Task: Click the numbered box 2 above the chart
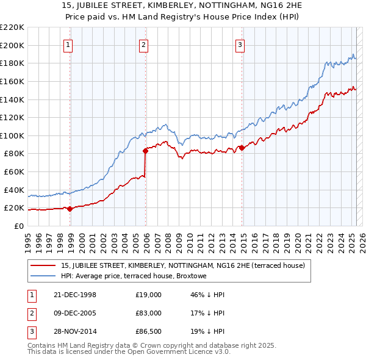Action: pyautogui.click(x=143, y=45)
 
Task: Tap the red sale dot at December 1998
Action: pyautogui.click(x=70, y=209)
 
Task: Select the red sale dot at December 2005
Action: pyautogui.click(x=146, y=151)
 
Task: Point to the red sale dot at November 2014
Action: pyautogui.click(x=242, y=148)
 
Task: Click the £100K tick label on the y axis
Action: pyautogui.click(x=12, y=135)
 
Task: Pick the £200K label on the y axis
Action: pyautogui.click(x=12, y=45)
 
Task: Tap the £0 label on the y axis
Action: pyautogui.click(x=18, y=226)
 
